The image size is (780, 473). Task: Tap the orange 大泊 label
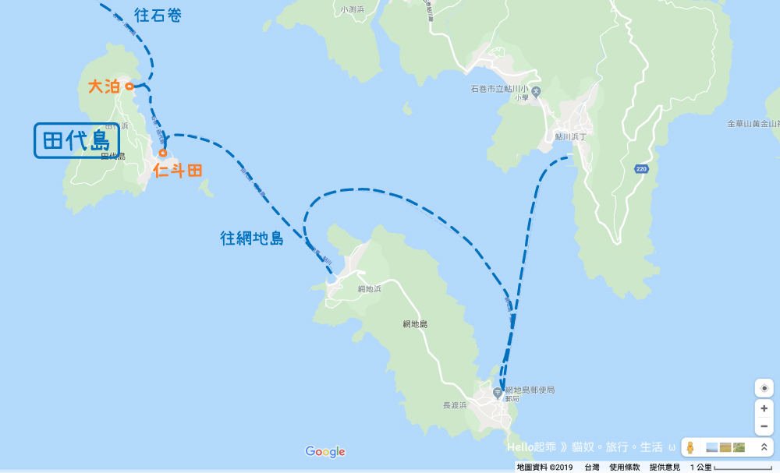coord(104,86)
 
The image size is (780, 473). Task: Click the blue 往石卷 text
coord(158,15)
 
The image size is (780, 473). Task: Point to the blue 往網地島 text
coord(251,238)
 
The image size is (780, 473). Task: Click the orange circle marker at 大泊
coord(129,86)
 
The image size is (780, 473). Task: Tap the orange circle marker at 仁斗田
coord(163,153)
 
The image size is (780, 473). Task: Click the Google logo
coord(324,452)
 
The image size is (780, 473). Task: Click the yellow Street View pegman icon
coord(690,448)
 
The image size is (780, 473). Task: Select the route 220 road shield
coord(641,168)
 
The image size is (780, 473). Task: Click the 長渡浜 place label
coord(454,405)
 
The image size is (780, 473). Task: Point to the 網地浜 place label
coord(370,289)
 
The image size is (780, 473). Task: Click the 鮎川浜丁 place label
coord(569,136)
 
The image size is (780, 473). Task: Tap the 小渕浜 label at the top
coord(353,9)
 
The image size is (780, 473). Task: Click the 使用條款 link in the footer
coord(625,467)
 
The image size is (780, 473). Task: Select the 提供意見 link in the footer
coord(666,467)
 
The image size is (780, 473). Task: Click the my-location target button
coord(764,388)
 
